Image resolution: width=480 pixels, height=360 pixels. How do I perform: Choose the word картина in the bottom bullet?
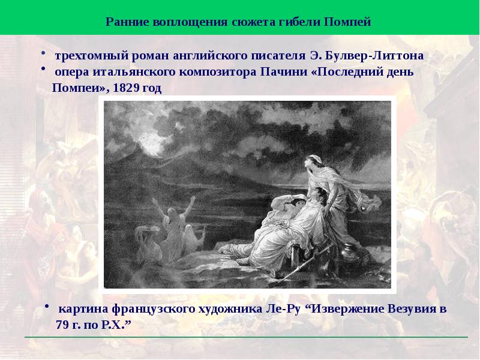click(82, 310)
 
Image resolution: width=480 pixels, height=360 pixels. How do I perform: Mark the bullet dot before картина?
click(47, 307)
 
